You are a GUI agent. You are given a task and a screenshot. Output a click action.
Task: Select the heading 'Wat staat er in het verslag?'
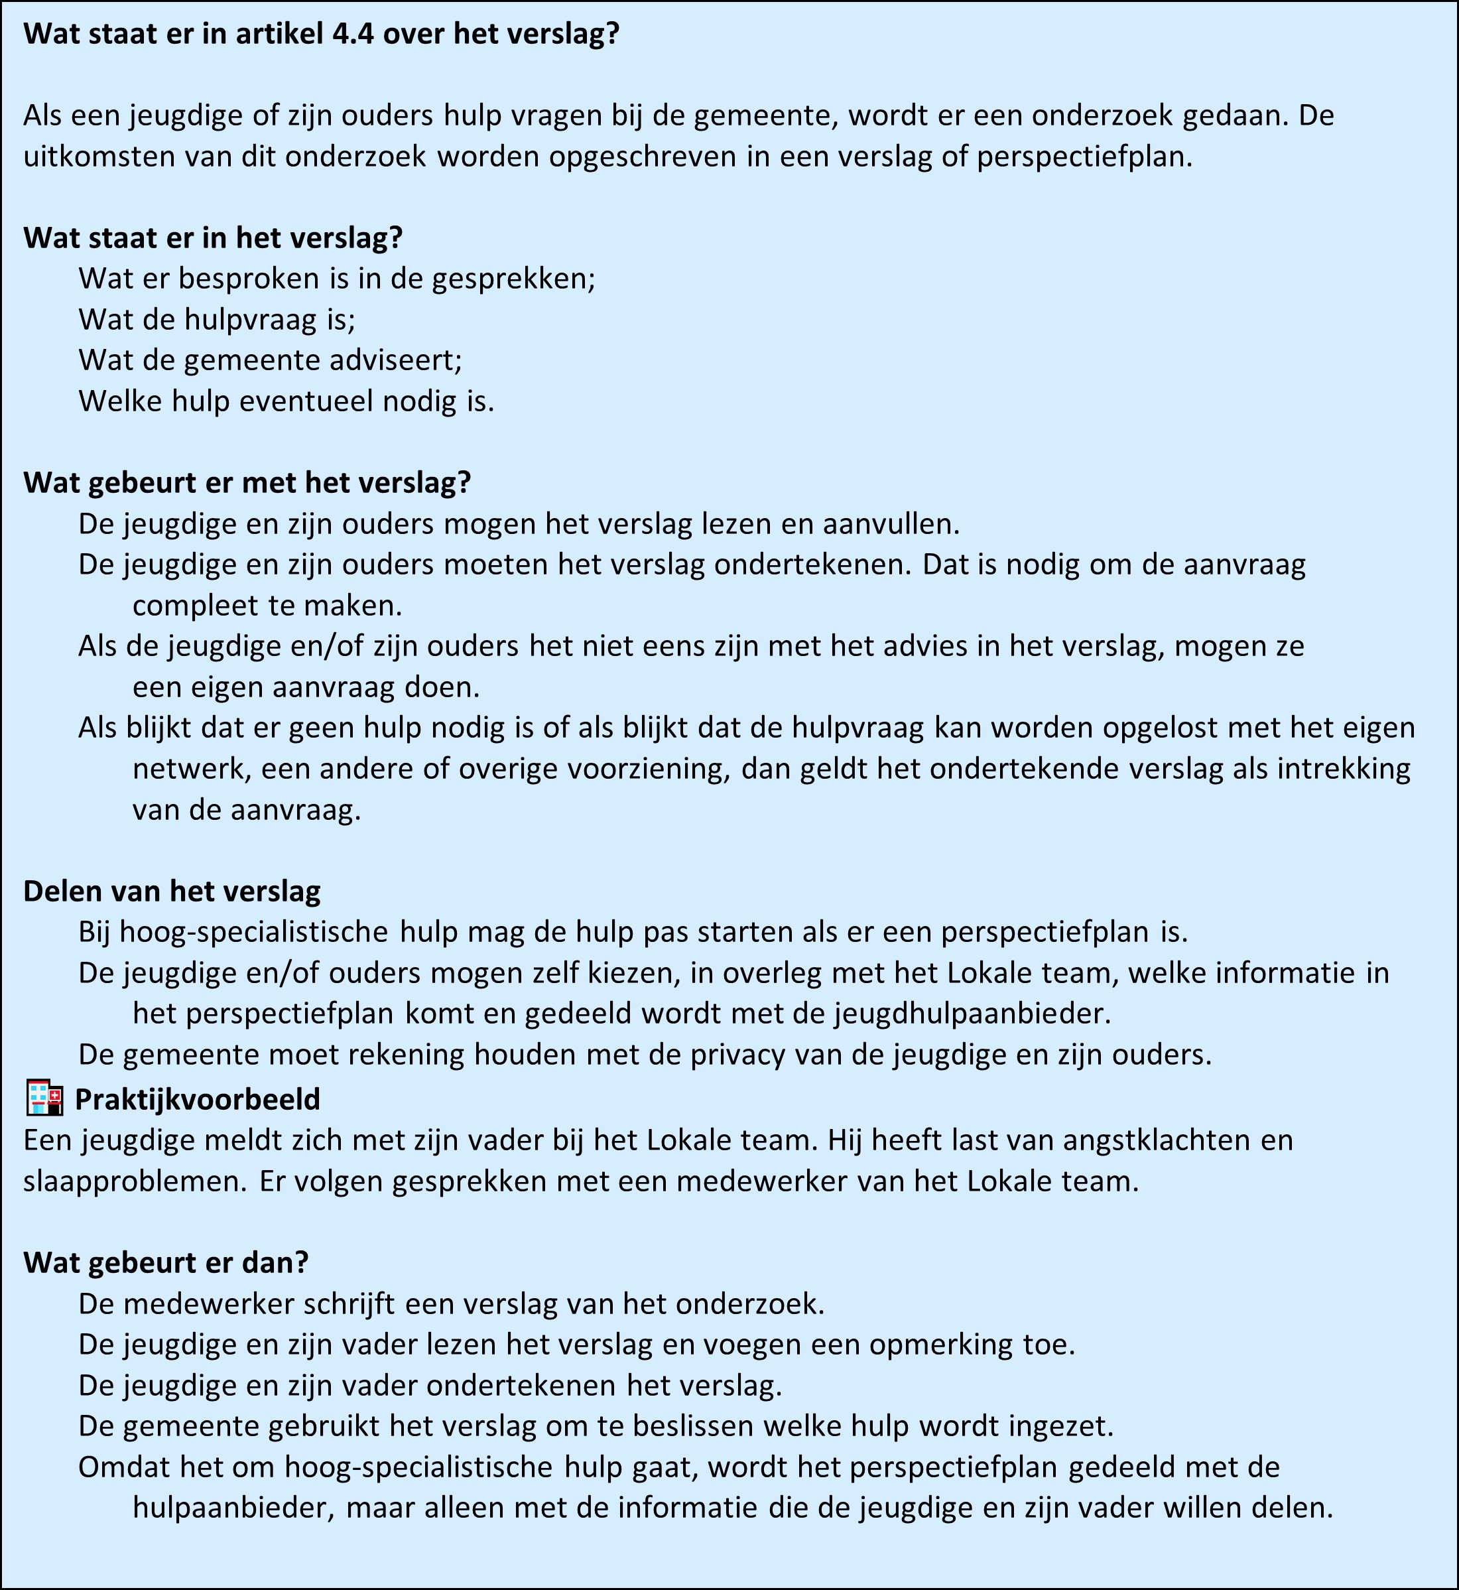pyautogui.click(x=213, y=237)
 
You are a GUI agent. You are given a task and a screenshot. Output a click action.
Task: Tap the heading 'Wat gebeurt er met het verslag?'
pyautogui.click(x=247, y=482)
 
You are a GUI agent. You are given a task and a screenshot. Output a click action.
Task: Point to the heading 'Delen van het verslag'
pyautogui.click(x=172, y=891)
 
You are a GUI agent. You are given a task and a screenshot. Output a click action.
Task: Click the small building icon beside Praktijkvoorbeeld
pyautogui.click(x=44, y=1098)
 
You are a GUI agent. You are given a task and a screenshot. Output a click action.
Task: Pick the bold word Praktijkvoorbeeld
pyautogui.click(x=198, y=1099)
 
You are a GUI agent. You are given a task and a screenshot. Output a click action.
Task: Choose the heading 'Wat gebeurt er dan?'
pyautogui.click(x=166, y=1262)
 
